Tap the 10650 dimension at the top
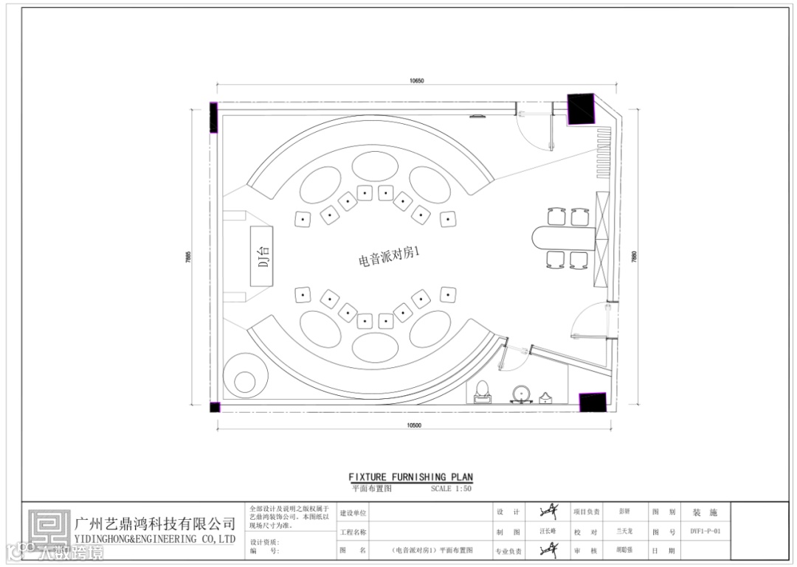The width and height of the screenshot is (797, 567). (417, 81)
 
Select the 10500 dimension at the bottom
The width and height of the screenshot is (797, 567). (413, 425)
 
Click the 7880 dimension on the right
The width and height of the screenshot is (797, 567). (634, 257)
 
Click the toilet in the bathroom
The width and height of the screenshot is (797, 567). (483, 391)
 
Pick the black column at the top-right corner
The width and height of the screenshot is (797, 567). (581, 110)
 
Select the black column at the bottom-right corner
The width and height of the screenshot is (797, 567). (593, 402)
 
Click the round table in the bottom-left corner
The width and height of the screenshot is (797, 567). (244, 381)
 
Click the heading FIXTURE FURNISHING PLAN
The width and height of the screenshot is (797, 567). (410, 477)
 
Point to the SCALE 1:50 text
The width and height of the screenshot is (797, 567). (451, 488)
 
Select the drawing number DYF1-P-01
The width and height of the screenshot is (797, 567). (705, 531)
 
